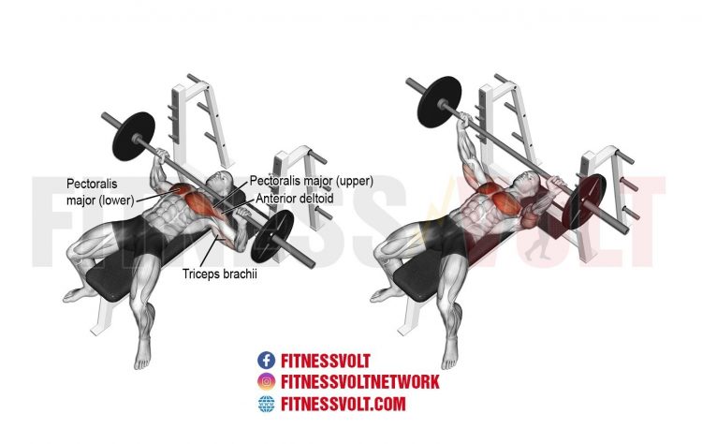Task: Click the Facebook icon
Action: coord(266,361)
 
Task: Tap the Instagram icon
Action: coord(266,382)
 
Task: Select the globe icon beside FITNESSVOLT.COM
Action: coord(266,404)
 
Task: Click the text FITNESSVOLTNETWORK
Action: coord(360,382)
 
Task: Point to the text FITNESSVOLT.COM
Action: coord(343,404)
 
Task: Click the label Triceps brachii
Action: coord(220,274)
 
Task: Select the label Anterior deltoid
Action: coord(295,199)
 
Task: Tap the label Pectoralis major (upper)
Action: coord(311,181)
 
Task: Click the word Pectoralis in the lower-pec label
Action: coord(92,184)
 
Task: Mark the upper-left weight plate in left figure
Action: coord(134,136)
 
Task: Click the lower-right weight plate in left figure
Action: coord(271,236)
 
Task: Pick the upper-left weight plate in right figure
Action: coord(439,103)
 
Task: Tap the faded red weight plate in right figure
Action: coord(585,201)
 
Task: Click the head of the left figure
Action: coord(220,183)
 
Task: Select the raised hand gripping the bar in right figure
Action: coord(463,119)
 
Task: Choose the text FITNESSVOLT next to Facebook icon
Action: coord(326,361)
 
